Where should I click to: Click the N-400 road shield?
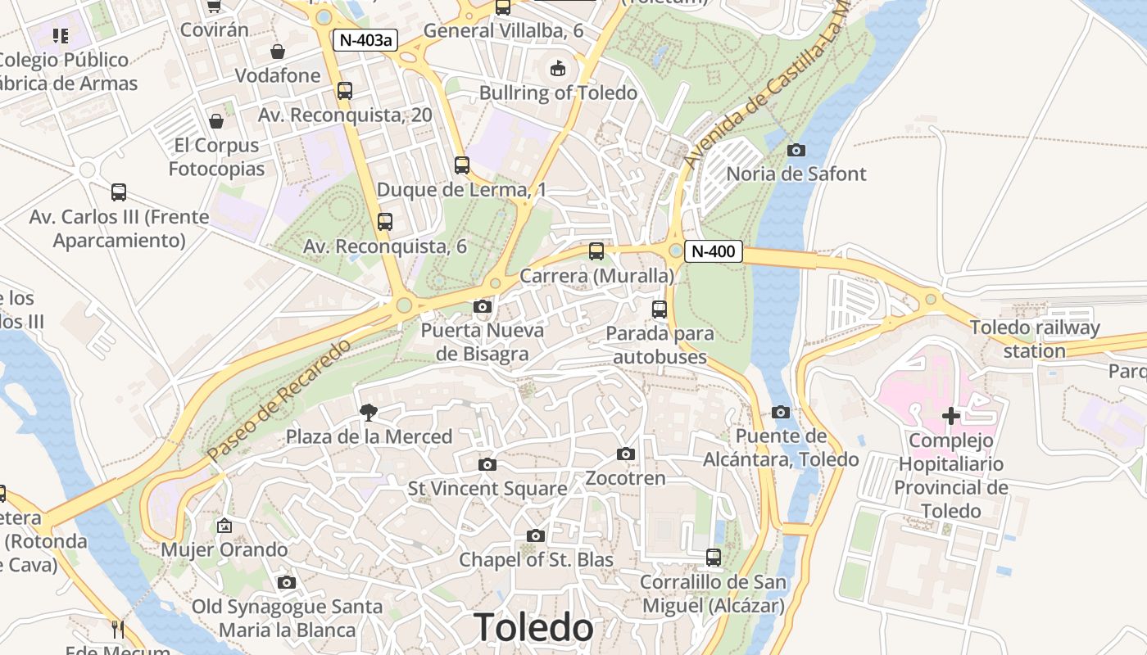pos(713,251)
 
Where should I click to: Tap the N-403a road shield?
pos(365,40)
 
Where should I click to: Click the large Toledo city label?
pos(533,628)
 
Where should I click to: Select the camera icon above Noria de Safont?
pos(796,150)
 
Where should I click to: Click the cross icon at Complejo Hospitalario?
pos(950,416)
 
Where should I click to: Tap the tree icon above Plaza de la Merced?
pos(369,413)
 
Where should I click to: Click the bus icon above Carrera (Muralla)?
pos(596,251)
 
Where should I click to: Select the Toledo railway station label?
pos(1035,339)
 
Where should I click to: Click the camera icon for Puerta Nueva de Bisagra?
pos(483,307)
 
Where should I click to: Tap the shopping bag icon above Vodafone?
pos(278,52)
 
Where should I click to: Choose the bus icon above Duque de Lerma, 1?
pos(462,165)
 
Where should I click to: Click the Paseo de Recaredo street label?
pos(279,400)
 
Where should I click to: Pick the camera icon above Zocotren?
pos(625,454)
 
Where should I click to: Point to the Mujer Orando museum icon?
pos(224,526)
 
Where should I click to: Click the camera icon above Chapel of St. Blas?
pos(535,535)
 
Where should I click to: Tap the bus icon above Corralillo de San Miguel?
pos(714,558)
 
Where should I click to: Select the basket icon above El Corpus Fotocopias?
pos(216,121)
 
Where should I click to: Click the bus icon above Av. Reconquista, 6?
pos(385,221)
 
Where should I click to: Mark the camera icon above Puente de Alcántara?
pos(780,412)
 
